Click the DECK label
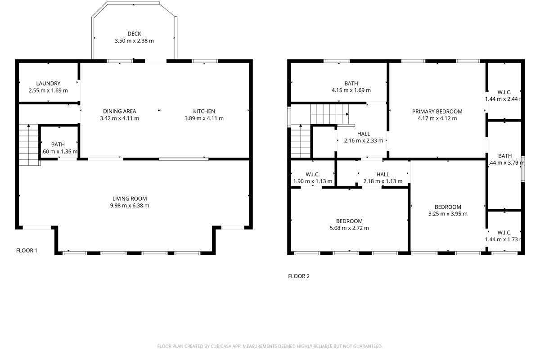click(134, 34)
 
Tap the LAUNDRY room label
click(48, 83)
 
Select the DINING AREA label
click(119, 111)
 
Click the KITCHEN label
click(204, 111)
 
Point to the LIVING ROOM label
click(130, 198)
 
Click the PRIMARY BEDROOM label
click(437, 112)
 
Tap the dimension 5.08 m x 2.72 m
click(349, 228)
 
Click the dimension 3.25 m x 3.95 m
click(448, 214)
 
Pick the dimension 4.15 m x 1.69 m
click(351, 90)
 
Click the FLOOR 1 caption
click(27, 251)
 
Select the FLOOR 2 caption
click(299, 276)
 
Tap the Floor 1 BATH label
click(58, 144)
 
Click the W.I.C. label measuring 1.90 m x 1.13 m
click(312, 175)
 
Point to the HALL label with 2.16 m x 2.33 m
click(364, 134)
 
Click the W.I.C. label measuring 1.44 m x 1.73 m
click(504, 233)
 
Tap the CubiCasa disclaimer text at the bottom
click(270, 346)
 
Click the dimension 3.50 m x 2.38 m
click(134, 41)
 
